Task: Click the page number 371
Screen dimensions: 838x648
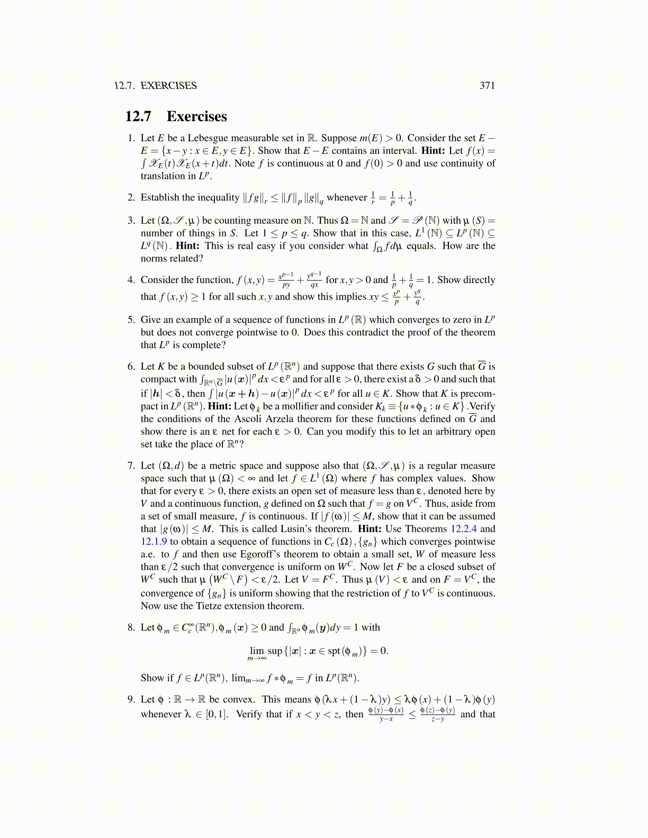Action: [487, 86]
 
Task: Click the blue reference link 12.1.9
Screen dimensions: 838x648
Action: [154, 542]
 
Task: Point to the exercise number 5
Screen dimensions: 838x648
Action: [131, 320]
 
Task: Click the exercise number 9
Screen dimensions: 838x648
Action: [131, 699]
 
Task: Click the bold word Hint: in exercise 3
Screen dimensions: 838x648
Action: [187, 246]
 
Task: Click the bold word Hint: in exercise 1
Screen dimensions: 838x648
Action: [434, 151]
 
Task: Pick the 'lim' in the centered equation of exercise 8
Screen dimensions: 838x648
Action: [257, 651]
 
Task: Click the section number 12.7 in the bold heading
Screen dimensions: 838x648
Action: [138, 116]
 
